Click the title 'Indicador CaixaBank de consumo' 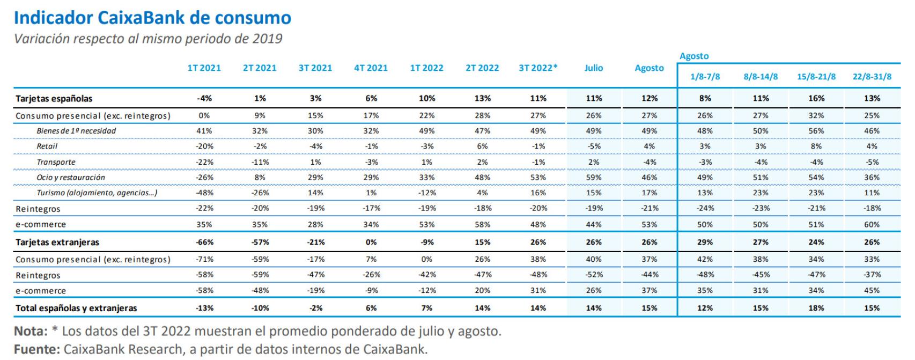[152, 18]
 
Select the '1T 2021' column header [204, 68]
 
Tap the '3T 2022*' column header [538, 68]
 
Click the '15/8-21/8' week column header [816, 77]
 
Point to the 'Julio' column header [594, 68]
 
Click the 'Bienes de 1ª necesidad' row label [76, 131]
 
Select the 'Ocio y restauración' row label [71, 178]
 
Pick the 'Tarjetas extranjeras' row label [57, 242]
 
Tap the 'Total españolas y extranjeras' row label [76, 308]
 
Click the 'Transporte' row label [56, 162]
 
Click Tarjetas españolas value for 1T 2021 [204, 98]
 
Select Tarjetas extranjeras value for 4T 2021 [371, 242]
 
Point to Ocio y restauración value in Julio [594, 178]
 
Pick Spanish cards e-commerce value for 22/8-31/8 [872, 225]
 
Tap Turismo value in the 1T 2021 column [204, 193]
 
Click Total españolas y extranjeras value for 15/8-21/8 [816, 308]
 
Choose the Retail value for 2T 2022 [482, 146]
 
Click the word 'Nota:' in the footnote [31, 331]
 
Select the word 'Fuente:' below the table [36, 349]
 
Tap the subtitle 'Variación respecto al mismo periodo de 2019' [148, 39]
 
